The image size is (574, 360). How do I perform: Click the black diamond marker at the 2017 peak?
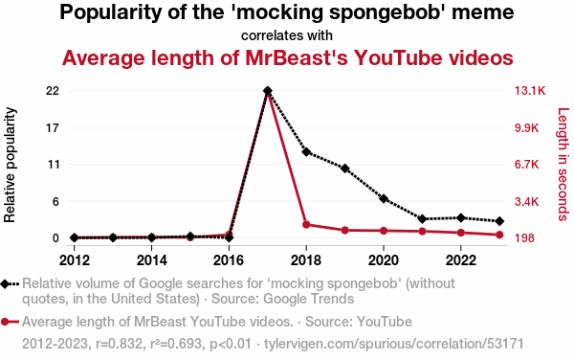[x=268, y=90]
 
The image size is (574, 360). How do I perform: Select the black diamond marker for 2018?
[x=306, y=151]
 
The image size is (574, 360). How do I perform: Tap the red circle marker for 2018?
[x=306, y=224]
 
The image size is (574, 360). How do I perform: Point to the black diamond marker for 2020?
[x=384, y=199]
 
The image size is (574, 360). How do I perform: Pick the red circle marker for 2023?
[x=499, y=235]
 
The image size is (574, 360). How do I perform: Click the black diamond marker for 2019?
[x=344, y=169]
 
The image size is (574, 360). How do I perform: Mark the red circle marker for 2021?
[x=423, y=231]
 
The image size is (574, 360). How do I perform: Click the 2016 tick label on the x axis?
[x=229, y=260]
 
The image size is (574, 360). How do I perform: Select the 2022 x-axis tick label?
[x=461, y=260]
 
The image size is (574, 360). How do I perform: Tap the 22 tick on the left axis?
[x=53, y=90]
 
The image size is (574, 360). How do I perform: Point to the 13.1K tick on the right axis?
[x=530, y=90]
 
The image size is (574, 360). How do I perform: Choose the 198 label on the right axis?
[x=524, y=238]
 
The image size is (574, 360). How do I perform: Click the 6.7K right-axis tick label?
[x=527, y=165]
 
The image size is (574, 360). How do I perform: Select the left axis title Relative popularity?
[x=10, y=165]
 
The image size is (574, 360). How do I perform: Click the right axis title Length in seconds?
[x=563, y=165]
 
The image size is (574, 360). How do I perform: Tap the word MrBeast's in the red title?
[x=297, y=57]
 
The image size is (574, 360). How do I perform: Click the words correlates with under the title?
[x=287, y=35]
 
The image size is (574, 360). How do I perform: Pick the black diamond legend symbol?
[x=5, y=283]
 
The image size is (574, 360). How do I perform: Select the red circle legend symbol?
[x=5, y=322]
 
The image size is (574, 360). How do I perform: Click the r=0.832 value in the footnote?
[x=119, y=344]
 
